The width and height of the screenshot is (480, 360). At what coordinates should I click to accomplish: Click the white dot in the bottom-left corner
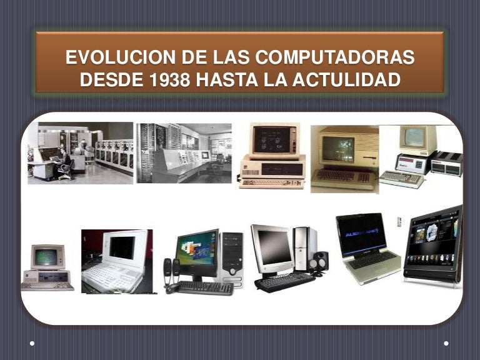click(x=32, y=343)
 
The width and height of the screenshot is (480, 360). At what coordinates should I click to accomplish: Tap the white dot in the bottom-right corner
click(x=446, y=343)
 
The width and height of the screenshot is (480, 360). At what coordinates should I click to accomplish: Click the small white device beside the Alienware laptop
click(x=399, y=222)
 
